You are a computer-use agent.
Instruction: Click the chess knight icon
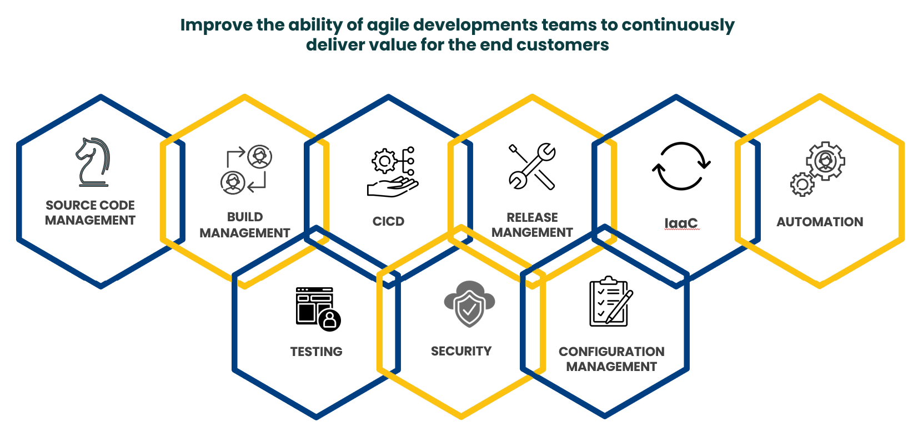coord(93,162)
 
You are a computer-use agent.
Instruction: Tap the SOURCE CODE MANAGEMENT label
coord(90,212)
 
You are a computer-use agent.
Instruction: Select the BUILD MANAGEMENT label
coord(245,225)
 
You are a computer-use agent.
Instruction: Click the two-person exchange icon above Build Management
coord(246,170)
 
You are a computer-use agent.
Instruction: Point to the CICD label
coord(388,221)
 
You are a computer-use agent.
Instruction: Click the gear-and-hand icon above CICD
coord(392,172)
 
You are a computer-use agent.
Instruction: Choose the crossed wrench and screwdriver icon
coord(532,166)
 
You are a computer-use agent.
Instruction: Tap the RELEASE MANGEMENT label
coord(532,225)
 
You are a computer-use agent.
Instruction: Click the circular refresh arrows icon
coord(681,166)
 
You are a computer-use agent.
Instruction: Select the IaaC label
coord(681,222)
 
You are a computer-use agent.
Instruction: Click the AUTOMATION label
coord(820,222)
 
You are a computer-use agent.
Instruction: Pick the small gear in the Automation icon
coord(802,184)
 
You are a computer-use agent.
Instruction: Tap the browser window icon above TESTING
coord(318,309)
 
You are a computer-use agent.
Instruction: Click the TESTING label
coord(316,352)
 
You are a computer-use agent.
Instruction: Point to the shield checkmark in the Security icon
coord(469,309)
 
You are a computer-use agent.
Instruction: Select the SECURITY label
coord(461,351)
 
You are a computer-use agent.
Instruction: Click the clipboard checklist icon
coord(611,301)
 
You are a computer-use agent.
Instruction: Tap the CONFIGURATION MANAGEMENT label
coord(611,359)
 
